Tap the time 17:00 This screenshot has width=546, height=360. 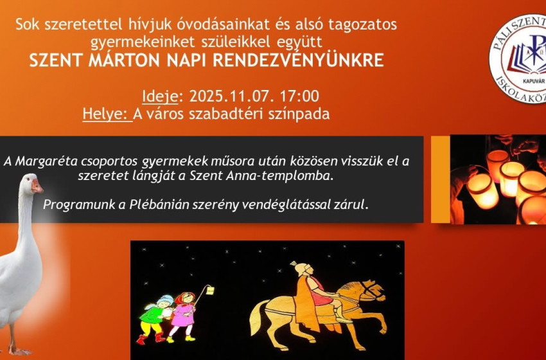click(x=300, y=96)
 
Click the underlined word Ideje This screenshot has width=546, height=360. click(x=161, y=96)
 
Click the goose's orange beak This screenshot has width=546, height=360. click(x=38, y=187)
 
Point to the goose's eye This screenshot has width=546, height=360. click(x=28, y=181)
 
